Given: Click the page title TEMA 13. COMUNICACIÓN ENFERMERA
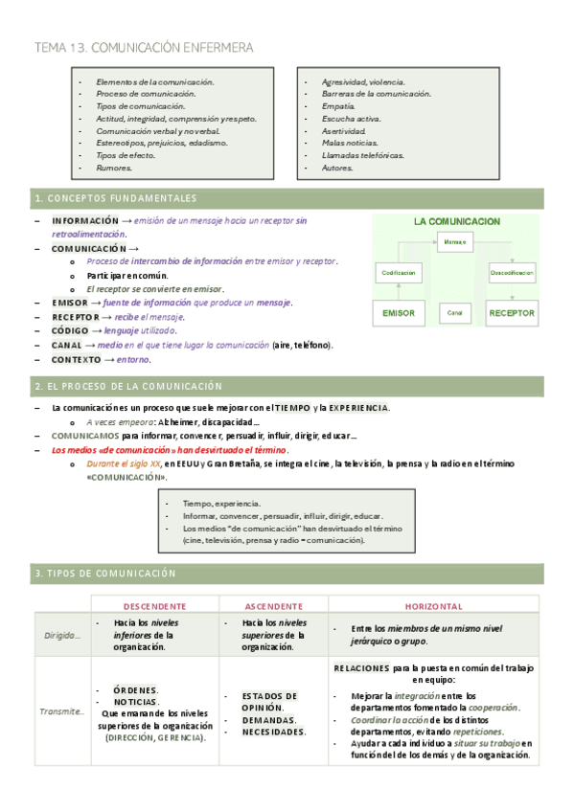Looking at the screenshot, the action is pos(144,47).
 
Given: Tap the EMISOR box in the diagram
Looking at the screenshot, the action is pos(399,313).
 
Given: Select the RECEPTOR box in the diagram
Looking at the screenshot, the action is pos(512,313).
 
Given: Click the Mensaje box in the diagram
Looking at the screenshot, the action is pos(454,242).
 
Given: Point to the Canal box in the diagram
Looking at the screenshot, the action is pos(454,313).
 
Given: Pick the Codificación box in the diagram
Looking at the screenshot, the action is pos(399,273).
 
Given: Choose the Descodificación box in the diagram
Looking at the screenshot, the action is pos(512,273).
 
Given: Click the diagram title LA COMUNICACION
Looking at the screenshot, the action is pos(456,221).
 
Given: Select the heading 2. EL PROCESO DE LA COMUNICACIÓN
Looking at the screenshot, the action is pos(127,386).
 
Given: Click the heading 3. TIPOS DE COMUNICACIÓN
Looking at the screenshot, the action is pos(105,573).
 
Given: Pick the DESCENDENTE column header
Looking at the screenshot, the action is pos(155,606).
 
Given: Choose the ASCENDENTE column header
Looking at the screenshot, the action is pos(274,606).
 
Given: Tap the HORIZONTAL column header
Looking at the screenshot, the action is pos(433,606).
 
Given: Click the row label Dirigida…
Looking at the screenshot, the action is pos(62,635).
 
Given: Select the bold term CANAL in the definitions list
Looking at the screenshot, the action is pos(66,345).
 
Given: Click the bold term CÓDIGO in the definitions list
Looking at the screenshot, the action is pos(68,329).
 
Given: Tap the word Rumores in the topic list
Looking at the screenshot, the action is pos(114,168).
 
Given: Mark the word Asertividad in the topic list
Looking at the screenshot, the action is pos(344,130).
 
